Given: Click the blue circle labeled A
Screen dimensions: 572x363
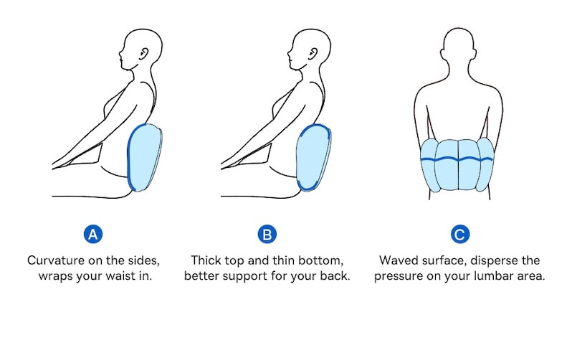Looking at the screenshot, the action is click(93, 234).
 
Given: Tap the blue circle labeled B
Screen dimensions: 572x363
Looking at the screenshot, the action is click(267, 234).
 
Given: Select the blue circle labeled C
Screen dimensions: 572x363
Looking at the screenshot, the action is click(459, 234).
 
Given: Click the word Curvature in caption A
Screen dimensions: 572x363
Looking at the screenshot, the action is click(55, 260).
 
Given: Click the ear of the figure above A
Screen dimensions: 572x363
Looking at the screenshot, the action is click(144, 53).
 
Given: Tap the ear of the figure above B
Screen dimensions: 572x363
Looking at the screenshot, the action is click(313, 53).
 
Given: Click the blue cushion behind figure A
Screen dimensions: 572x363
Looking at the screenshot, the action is click(145, 158).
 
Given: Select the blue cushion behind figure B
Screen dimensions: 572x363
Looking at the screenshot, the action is click(313, 158).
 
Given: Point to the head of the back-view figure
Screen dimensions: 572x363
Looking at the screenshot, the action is click(459, 44).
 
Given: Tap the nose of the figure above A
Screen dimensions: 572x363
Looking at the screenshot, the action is click(120, 54).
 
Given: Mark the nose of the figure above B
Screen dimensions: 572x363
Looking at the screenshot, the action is click(289, 54).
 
